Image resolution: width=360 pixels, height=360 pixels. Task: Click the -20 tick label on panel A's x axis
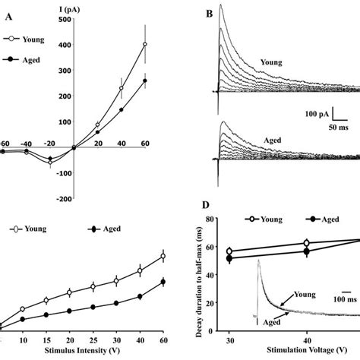51,143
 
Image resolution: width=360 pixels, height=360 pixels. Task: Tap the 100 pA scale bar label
313,115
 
